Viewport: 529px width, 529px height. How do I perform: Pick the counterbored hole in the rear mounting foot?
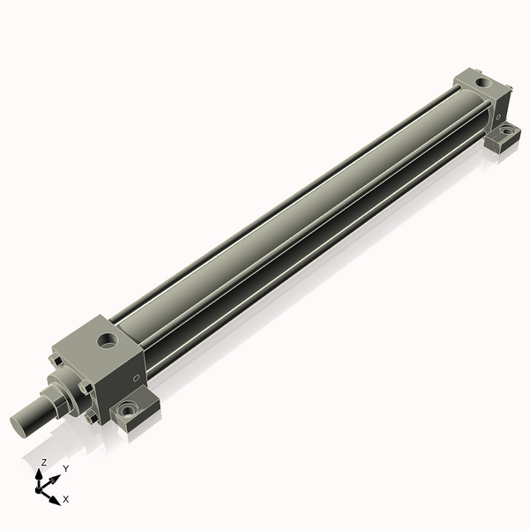pyautogui.click(x=508, y=133)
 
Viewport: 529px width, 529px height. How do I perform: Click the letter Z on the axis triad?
pyautogui.click(x=43, y=462)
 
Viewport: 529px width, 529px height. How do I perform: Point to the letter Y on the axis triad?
pyautogui.click(x=65, y=468)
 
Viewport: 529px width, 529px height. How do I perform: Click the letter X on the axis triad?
pyautogui.click(x=66, y=499)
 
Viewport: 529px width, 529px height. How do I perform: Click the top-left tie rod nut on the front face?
pyautogui.click(x=56, y=359)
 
